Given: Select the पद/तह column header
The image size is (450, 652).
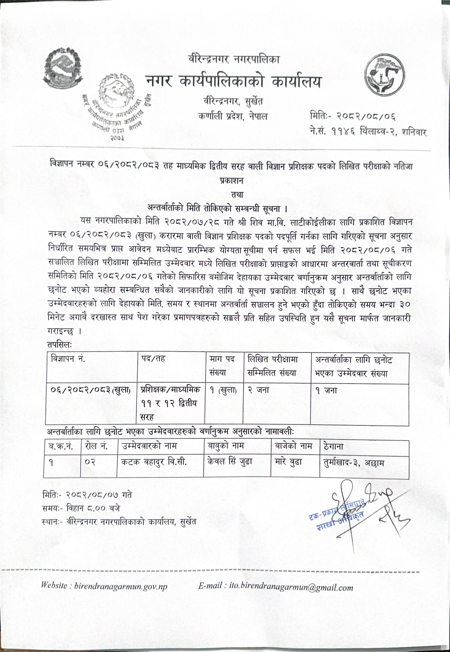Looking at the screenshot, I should tap(153, 359).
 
